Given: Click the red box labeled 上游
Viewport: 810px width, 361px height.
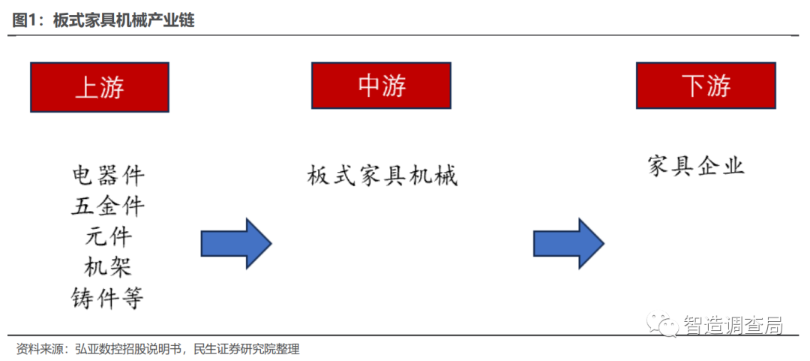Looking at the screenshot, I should [99, 87].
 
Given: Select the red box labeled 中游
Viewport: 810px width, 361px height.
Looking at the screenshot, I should [381, 86].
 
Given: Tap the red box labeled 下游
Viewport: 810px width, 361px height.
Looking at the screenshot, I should [705, 86].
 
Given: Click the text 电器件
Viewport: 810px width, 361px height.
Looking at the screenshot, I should [108, 176].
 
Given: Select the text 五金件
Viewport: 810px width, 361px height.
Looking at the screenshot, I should [108, 206].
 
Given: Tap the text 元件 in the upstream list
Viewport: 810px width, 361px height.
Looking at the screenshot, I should [108, 237].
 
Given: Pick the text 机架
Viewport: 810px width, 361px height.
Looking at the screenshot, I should [108, 267].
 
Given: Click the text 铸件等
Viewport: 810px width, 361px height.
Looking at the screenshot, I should [108, 298].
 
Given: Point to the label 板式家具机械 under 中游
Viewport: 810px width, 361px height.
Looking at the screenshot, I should [382, 176].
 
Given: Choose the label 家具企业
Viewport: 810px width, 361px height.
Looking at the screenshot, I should [696, 166].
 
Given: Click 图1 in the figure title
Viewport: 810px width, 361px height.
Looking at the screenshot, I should [26, 20].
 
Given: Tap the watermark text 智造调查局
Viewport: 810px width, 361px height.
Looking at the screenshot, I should [733, 325].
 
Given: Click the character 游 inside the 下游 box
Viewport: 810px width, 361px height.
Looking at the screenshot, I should [718, 86].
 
